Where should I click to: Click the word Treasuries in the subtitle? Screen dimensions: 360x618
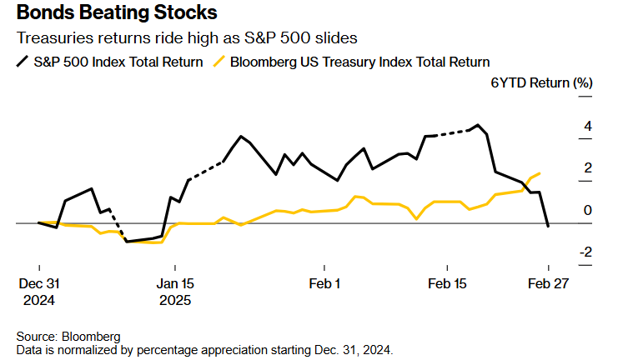pyautogui.click(x=53, y=38)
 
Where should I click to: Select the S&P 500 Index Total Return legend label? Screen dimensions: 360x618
pyautogui.click(x=118, y=62)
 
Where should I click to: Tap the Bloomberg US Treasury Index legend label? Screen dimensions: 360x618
pyautogui.click(x=359, y=62)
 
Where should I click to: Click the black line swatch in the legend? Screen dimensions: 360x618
pyautogui.click(x=22, y=62)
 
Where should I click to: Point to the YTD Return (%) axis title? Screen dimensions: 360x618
pyautogui.click(x=546, y=83)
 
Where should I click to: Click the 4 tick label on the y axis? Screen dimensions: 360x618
pyautogui.click(x=588, y=127)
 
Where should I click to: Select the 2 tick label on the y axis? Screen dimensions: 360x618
pyautogui.click(x=588, y=168)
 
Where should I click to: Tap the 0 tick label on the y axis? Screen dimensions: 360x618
pyautogui.click(x=588, y=210)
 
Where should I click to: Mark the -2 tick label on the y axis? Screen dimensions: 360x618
pyautogui.click(x=585, y=252)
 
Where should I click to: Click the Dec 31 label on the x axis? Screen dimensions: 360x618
pyautogui.click(x=38, y=282)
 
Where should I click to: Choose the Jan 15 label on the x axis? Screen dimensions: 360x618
pyautogui.click(x=175, y=282)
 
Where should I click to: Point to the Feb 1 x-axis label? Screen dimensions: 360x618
pyautogui.click(x=324, y=282)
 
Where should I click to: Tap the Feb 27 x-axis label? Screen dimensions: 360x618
pyautogui.click(x=548, y=282)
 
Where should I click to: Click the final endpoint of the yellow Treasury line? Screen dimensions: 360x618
pyautogui.click(x=540, y=173)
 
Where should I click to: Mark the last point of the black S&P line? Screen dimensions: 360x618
pyautogui.click(x=548, y=226)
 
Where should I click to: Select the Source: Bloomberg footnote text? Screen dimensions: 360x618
pyautogui.click(x=68, y=336)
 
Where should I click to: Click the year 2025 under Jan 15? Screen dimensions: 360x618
pyautogui.click(x=174, y=298)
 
